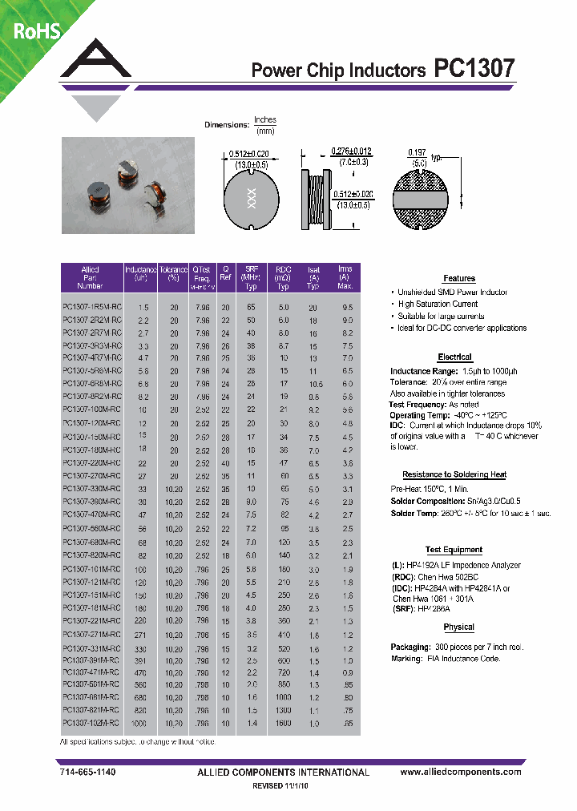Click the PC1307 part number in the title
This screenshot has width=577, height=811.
[x=474, y=69]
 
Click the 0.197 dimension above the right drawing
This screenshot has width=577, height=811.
[x=417, y=151]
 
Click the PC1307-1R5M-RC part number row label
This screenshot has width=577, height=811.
[x=91, y=308]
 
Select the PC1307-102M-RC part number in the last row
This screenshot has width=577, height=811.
[x=91, y=722]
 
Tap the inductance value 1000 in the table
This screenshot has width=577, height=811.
[x=142, y=722]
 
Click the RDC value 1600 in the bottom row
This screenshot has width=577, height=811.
[x=283, y=722]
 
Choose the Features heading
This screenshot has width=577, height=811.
[x=459, y=278]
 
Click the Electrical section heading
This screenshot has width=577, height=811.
[x=454, y=357]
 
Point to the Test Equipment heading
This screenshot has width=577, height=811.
[x=454, y=550]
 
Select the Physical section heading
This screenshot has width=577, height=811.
[x=458, y=627]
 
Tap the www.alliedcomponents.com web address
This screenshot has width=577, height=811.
[x=460, y=772]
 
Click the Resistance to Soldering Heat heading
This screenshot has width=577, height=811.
[x=454, y=474]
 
